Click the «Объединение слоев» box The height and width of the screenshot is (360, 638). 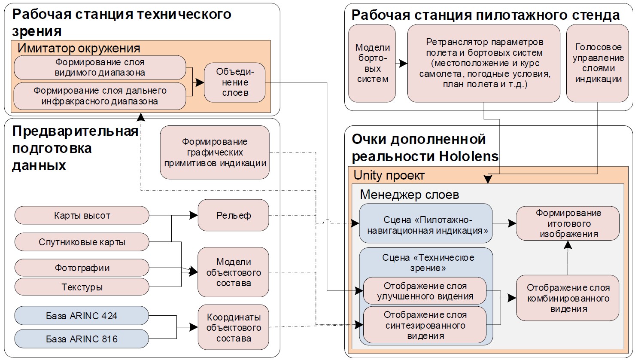(x=234, y=82)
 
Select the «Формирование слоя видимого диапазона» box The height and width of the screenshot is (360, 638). (x=100, y=67)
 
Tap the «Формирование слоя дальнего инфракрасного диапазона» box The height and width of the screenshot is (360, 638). (x=100, y=96)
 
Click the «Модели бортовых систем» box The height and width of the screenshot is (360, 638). (x=372, y=63)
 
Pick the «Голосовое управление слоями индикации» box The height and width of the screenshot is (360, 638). (x=598, y=63)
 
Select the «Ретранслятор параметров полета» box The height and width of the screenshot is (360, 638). (x=484, y=63)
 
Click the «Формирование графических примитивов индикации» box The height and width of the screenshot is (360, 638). (x=215, y=153)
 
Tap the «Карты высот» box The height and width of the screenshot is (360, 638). (x=82, y=216)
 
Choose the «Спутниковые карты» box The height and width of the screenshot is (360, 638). (x=82, y=242)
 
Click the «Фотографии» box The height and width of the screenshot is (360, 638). (x=82, y=268)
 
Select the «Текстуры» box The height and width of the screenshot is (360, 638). (x=82, y=287)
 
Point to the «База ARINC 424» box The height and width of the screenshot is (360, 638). (x=82, y=316)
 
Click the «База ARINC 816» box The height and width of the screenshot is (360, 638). (x=82, y=339)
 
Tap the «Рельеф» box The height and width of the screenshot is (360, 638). (x=233, y=215)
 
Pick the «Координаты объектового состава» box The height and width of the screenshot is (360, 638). (x=233, y=327)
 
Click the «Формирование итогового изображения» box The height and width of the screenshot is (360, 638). (x=568, y=223)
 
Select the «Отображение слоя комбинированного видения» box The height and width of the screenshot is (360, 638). (x=568, y=298)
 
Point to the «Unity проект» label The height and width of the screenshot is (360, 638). (x=389, y=175)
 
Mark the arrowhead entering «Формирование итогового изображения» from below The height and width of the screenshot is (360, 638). (x=568, y=244)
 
